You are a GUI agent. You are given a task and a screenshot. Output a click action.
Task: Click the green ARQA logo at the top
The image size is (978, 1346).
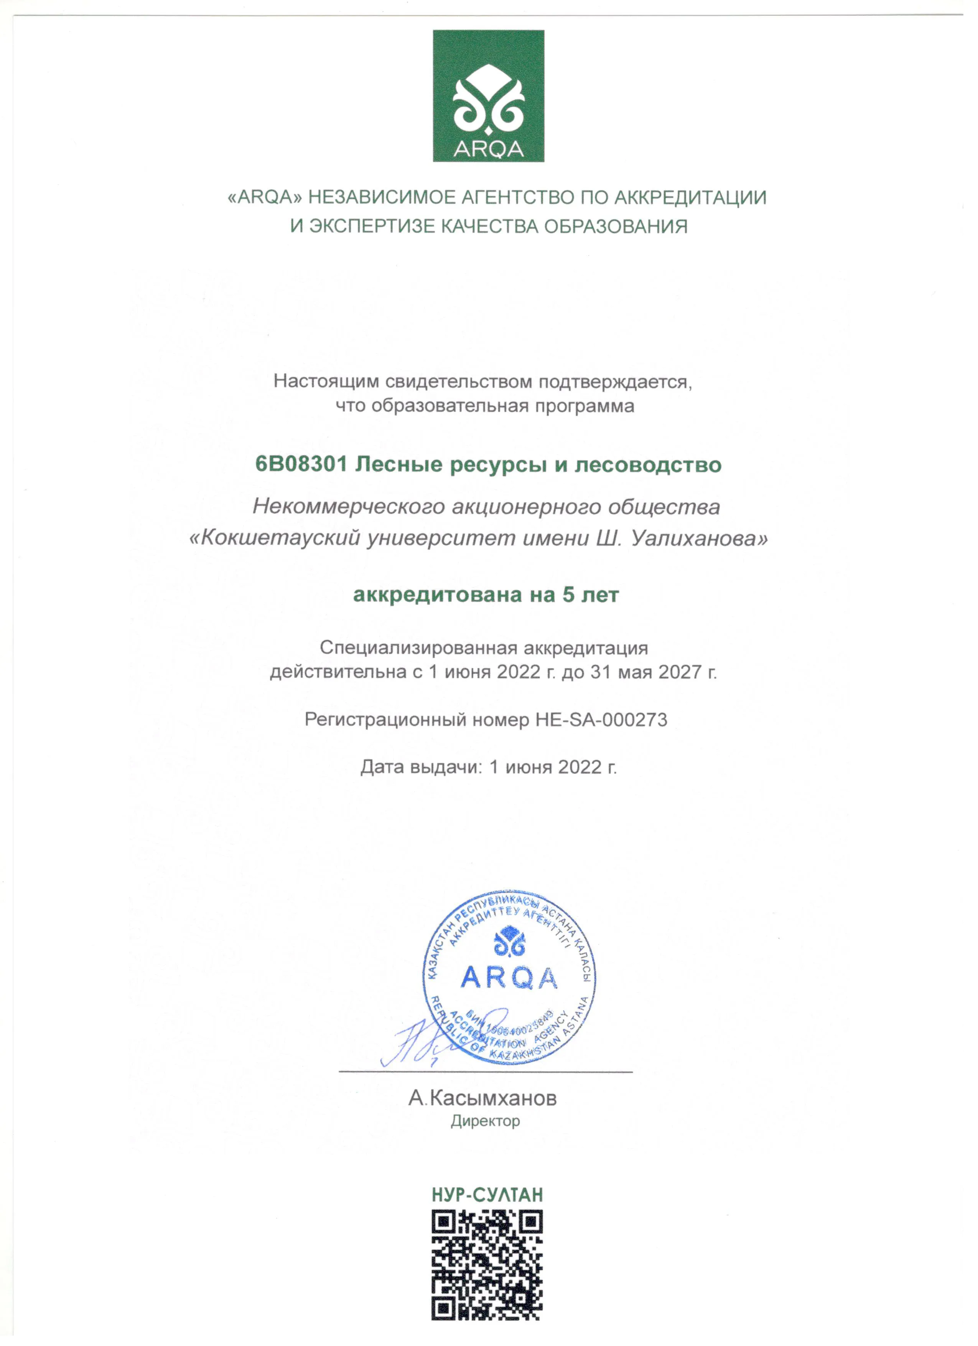(488, 96)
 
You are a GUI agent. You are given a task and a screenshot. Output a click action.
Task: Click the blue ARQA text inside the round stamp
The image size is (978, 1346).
(509, 978)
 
